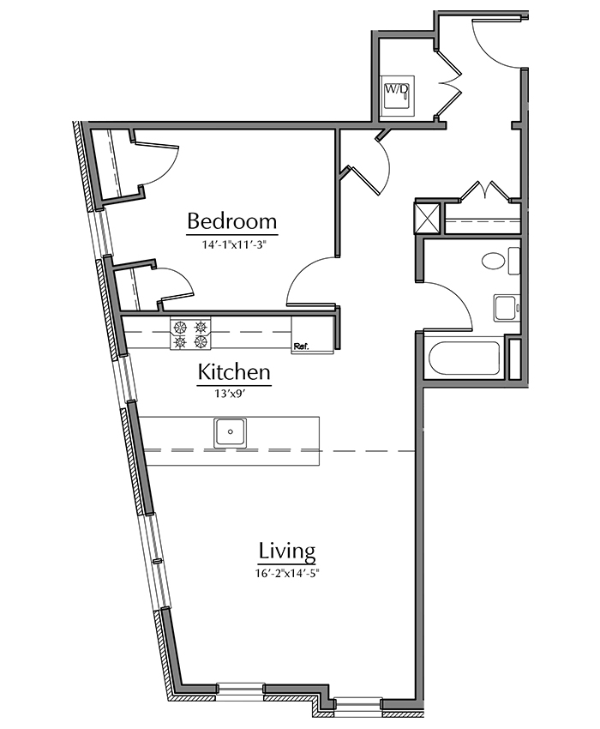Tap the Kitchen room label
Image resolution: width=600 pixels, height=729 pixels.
click(x=234, y=372)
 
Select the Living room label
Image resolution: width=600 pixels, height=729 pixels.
click(x=287, y=551)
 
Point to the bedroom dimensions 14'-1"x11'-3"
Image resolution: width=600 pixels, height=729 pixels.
click(x=233, y=244)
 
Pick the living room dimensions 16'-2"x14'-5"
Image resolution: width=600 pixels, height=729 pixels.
click(x=288, y=573)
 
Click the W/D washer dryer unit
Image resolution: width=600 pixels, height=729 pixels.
click(x=397, y=96)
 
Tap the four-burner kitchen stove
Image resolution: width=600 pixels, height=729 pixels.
click(x=190, y=334)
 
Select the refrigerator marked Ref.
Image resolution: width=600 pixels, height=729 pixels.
click(x=312, y=334)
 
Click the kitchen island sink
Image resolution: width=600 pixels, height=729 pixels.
click(x=231, y=433)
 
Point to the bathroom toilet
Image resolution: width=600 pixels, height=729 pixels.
click(x=500, y=261)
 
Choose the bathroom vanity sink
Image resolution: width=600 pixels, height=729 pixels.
click(x=507, y=308)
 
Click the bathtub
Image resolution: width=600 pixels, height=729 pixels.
click(x=464, y=358)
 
